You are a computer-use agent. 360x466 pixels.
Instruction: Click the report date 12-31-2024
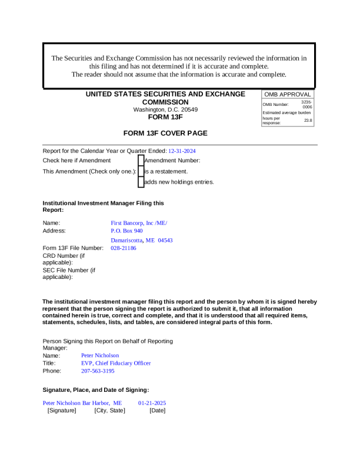click(182, 151)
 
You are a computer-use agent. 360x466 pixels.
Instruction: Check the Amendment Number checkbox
click(141, 160)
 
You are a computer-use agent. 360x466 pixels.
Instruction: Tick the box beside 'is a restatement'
click(141, 171)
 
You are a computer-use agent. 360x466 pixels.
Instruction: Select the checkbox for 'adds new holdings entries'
click(141, 182)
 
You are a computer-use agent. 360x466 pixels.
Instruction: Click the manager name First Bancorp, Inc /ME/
click(139, 223)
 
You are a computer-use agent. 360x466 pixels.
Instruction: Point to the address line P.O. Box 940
click(126, 231)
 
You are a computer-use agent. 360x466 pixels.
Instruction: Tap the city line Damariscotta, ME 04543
click(141, 240)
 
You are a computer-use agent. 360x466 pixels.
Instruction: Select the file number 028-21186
click(124, 248)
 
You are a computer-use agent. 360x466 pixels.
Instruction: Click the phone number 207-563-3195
click(98, 371)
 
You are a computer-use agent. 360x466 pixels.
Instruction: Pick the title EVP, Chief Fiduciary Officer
click(116, 363)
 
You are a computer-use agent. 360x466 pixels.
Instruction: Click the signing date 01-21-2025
click(152, 403)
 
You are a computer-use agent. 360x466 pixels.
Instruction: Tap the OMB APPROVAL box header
click(287, 94)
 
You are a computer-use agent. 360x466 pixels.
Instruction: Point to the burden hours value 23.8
click(308, 121)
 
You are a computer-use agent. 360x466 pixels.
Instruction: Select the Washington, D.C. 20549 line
click(165, 109)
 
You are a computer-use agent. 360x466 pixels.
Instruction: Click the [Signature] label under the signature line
click(62, 410)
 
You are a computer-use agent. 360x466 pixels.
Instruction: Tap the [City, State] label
click(109, 410)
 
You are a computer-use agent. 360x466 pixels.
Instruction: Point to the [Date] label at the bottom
click(157, 410)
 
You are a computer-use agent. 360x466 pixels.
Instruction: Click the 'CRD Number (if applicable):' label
click(64, 259)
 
